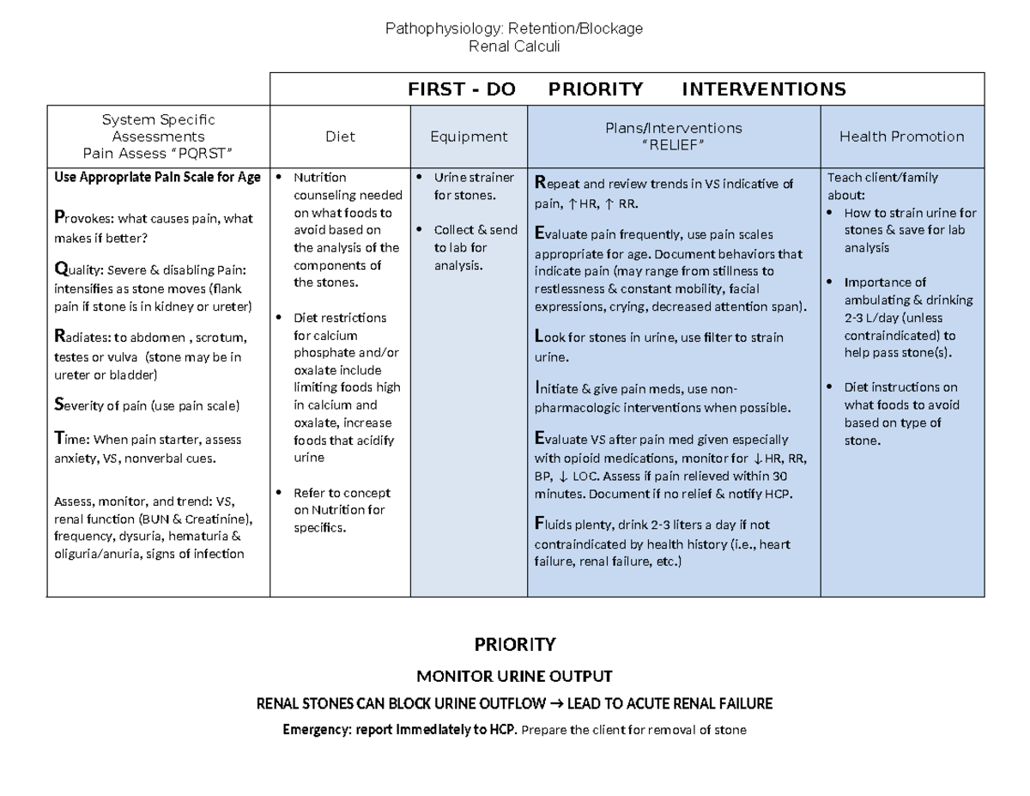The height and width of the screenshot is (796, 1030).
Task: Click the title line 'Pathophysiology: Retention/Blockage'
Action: (x=514, y=29)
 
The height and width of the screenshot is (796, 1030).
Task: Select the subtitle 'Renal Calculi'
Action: (x=514, y=46)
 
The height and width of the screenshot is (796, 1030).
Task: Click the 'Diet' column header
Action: (x=340, y=137)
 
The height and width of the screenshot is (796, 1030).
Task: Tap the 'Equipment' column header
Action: (x=469, y=137)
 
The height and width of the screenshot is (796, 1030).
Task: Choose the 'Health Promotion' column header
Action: (x=901, y=137)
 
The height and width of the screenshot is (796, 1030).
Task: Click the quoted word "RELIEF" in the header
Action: (x=674, y=144)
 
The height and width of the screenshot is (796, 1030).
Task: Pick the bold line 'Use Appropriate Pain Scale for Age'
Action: (x=157, y=178)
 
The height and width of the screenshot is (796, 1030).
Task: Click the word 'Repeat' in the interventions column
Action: (x=558, y=183)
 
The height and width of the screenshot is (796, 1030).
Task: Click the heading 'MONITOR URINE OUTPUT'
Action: (x=514, y=676)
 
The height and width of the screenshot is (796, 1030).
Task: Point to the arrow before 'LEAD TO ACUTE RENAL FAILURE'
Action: (x=555, y=704)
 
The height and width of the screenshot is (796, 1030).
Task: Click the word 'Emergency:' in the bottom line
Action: (x=317, y=731)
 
